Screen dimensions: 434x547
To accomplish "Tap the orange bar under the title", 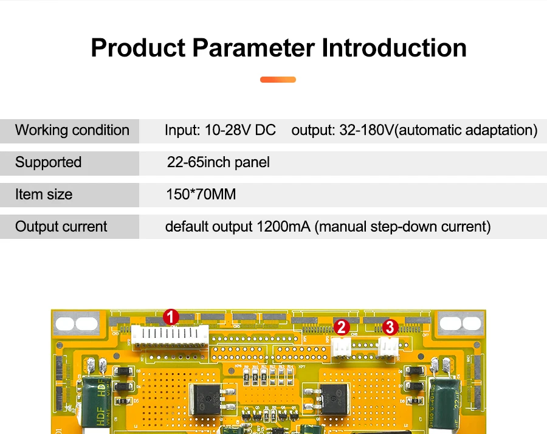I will [278, 80].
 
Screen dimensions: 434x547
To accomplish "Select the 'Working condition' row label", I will [72, 130].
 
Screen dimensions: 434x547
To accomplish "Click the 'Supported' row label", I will [48, 162].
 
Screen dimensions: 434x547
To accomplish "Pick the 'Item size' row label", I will [43, 195].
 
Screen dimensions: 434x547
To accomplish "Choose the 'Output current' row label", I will [61, 227].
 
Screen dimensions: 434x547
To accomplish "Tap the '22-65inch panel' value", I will [218, 162].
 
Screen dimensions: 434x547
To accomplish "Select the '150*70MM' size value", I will [201, 195].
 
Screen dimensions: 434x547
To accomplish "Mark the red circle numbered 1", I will [171, 317].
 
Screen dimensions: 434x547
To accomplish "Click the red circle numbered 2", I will [342, 327].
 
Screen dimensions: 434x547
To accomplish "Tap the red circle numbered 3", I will [390, 327].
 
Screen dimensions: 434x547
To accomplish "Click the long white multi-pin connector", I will [170, 336].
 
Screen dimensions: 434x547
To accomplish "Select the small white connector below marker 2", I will [341, 346].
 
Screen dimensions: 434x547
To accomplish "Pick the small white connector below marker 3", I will [387, 346].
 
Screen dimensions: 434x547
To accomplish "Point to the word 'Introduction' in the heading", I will [394, 48].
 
